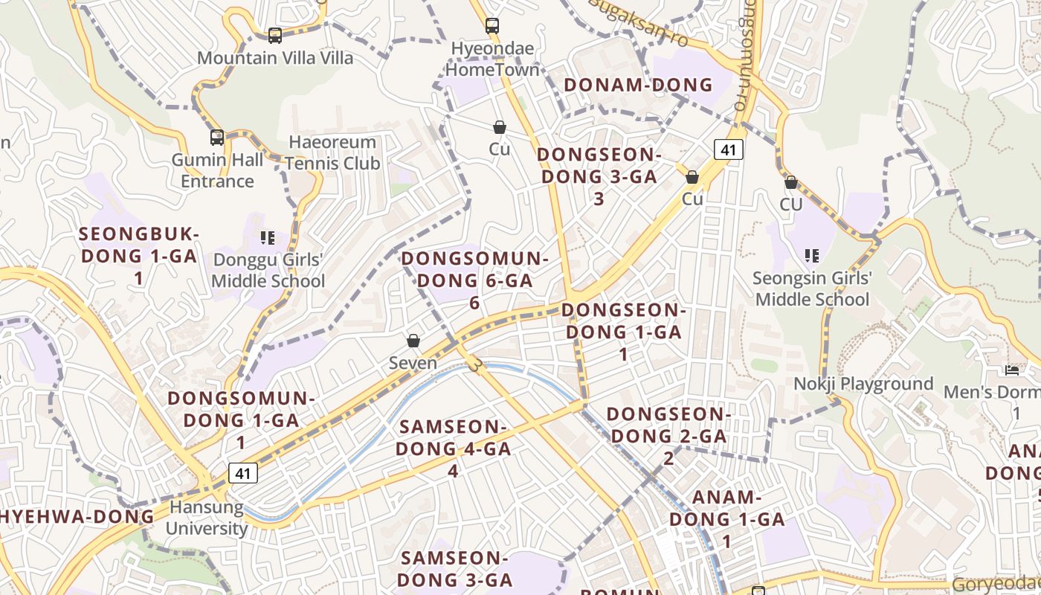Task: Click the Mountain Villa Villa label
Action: click(275, 58)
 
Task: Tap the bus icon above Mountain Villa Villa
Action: click(274, 35)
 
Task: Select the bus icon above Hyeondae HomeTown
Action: click(492, 26)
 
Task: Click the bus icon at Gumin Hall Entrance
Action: click(217, 138)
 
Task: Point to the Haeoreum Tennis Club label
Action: click(332, 152)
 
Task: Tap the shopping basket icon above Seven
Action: click(413, 341)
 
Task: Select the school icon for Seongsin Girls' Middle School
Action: click(811, 257)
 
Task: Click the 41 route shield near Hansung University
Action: click(243, 472)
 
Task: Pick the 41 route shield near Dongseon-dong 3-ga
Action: click(728, 149)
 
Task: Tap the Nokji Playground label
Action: click(863, 384)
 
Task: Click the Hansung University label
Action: click(206, 518)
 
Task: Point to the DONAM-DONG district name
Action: click(639, 85)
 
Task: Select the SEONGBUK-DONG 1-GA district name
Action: click(138, 256)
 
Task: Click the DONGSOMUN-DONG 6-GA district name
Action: click(474, 280)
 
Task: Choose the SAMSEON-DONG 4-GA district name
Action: click(453, 448)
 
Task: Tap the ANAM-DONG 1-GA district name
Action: click(727, 519)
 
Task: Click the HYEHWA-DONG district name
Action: click(77, 516)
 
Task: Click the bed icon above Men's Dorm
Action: click(1011, 370)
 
